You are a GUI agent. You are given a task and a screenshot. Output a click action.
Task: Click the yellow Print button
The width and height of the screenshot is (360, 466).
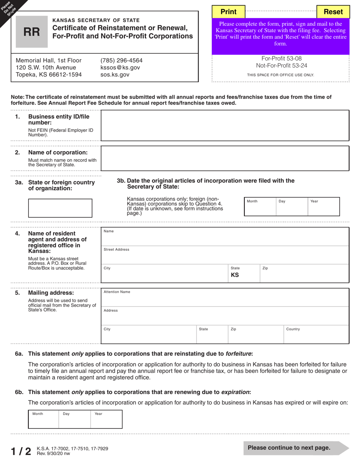point(228,12)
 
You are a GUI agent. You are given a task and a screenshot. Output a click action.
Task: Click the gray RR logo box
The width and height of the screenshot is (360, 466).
point(32,32)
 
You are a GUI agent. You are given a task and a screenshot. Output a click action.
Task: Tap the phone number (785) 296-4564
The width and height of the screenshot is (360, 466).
point(121,61)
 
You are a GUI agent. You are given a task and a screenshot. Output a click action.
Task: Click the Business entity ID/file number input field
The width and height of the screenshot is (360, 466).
point(225,126)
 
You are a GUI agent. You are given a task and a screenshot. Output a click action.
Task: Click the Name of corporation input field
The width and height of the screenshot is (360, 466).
point(225,158)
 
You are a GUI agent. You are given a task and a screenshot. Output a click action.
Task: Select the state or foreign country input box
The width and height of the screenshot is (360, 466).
point(60,208)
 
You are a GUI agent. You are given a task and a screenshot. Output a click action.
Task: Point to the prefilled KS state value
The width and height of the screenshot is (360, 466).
point(235,275)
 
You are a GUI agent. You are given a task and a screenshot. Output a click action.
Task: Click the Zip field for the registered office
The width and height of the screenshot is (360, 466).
point(304,274)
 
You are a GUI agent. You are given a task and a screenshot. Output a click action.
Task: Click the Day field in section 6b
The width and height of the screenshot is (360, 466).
point(75,419)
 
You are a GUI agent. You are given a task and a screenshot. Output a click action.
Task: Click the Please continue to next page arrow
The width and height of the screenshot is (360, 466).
point(296,448)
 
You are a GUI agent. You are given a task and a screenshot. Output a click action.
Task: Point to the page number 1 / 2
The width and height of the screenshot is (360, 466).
point(21,451)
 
